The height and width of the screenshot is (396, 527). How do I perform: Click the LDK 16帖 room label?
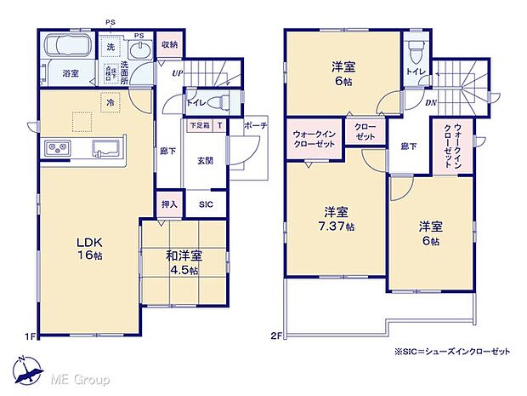(x=87, y=247)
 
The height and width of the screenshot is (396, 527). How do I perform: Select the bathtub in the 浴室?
(x=67, y=45)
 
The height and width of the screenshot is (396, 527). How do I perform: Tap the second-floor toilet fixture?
(x=416, y=49)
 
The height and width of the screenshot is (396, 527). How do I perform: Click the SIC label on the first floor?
(x=207, y=205)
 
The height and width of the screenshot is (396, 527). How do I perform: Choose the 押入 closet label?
(x=169, y=205)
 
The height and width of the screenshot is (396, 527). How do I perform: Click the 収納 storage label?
(x=168, y=44)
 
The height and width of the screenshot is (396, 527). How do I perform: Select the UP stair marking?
(x=176, y=75)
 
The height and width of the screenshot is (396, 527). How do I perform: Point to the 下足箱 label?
(x=198, y=125)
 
